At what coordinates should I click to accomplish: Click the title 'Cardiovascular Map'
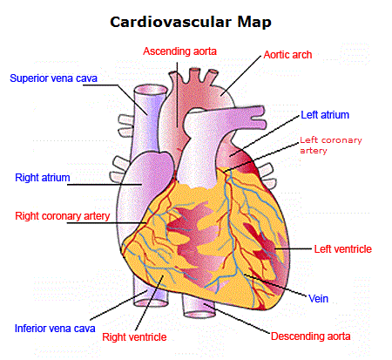(x=191, y=22)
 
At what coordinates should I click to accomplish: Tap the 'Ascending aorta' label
(x=179, y=51)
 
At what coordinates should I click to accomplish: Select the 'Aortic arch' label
(x=287, y=55)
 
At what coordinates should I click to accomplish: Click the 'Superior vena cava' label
(x=53, y=78)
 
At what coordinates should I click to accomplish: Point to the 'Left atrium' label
(x=325, y=115)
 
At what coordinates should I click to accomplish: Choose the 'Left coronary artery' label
(x=331, y=145)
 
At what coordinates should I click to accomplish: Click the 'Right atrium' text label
(x=43, y=178)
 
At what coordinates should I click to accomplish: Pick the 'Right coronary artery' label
(x=63, y=216)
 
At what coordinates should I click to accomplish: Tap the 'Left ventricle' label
(x=343, y=249)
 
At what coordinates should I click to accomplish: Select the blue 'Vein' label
(x=318, y=299)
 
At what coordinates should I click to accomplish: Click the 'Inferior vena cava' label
(x=55, y=329)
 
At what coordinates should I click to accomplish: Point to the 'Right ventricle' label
(x=134, y=337)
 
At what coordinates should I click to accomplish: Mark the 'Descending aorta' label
(x=310, y=336)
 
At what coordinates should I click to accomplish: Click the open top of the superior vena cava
(x=151, y=89)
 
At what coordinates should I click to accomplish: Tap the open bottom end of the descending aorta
(x=199, y=315)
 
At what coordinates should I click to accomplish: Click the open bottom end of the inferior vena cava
(x=151, y=303)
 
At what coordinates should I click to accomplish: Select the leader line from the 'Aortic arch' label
(x=240, y=75)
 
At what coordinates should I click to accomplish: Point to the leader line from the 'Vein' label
(x=275, y=285)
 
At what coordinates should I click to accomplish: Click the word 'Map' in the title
(x=254, y=23)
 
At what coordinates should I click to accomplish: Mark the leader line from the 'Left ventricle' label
(x=293, y=248)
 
